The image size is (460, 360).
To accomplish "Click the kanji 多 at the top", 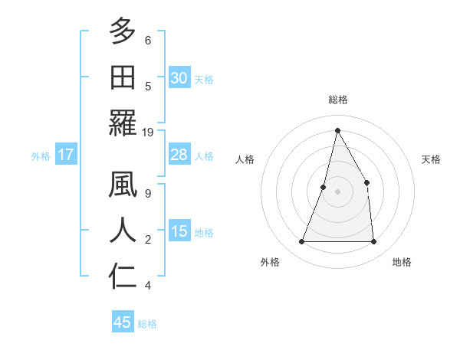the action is pyautogui.click(x=123, y=32).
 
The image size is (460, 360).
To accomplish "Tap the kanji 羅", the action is pyautogui.click(x=123, y=123).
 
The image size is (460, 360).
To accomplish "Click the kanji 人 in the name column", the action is pyautogui.click(x=123, y=231).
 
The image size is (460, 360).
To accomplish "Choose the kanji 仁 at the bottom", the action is pyautogui.click(x=123, y=276).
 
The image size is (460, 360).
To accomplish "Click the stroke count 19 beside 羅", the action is pyautogui.click(x=149, y=133).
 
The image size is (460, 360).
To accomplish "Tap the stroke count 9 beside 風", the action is pyautogui.click(x=147, y=194).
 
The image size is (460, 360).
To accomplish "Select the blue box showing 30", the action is pyautogui.click(x=179, y=78).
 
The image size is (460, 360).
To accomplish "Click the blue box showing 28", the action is pyautogui.click(x=179, y=155).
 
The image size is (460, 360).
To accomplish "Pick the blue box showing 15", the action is pyautogui.click(x=179, y=231).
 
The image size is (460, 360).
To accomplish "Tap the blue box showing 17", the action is pyautogui.click(x=66, y=155).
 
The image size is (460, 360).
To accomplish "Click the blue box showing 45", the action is pyautogui.click(x=122, y=322).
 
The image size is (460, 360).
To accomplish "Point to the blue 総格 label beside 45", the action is pyautogui.click(x=147, y=324).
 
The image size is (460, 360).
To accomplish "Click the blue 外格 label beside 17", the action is pyautogui.click(x=41, y=156).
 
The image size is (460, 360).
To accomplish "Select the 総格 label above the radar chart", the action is pyautogui.click(x=337, y=100).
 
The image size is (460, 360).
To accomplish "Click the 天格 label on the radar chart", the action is pyautogui.click(x=431, y=160).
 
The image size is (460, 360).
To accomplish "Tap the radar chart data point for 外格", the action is pyautogui.click(x=301, y=242).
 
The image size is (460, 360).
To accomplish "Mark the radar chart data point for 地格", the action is pyautogui.click(x=373, y=242).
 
